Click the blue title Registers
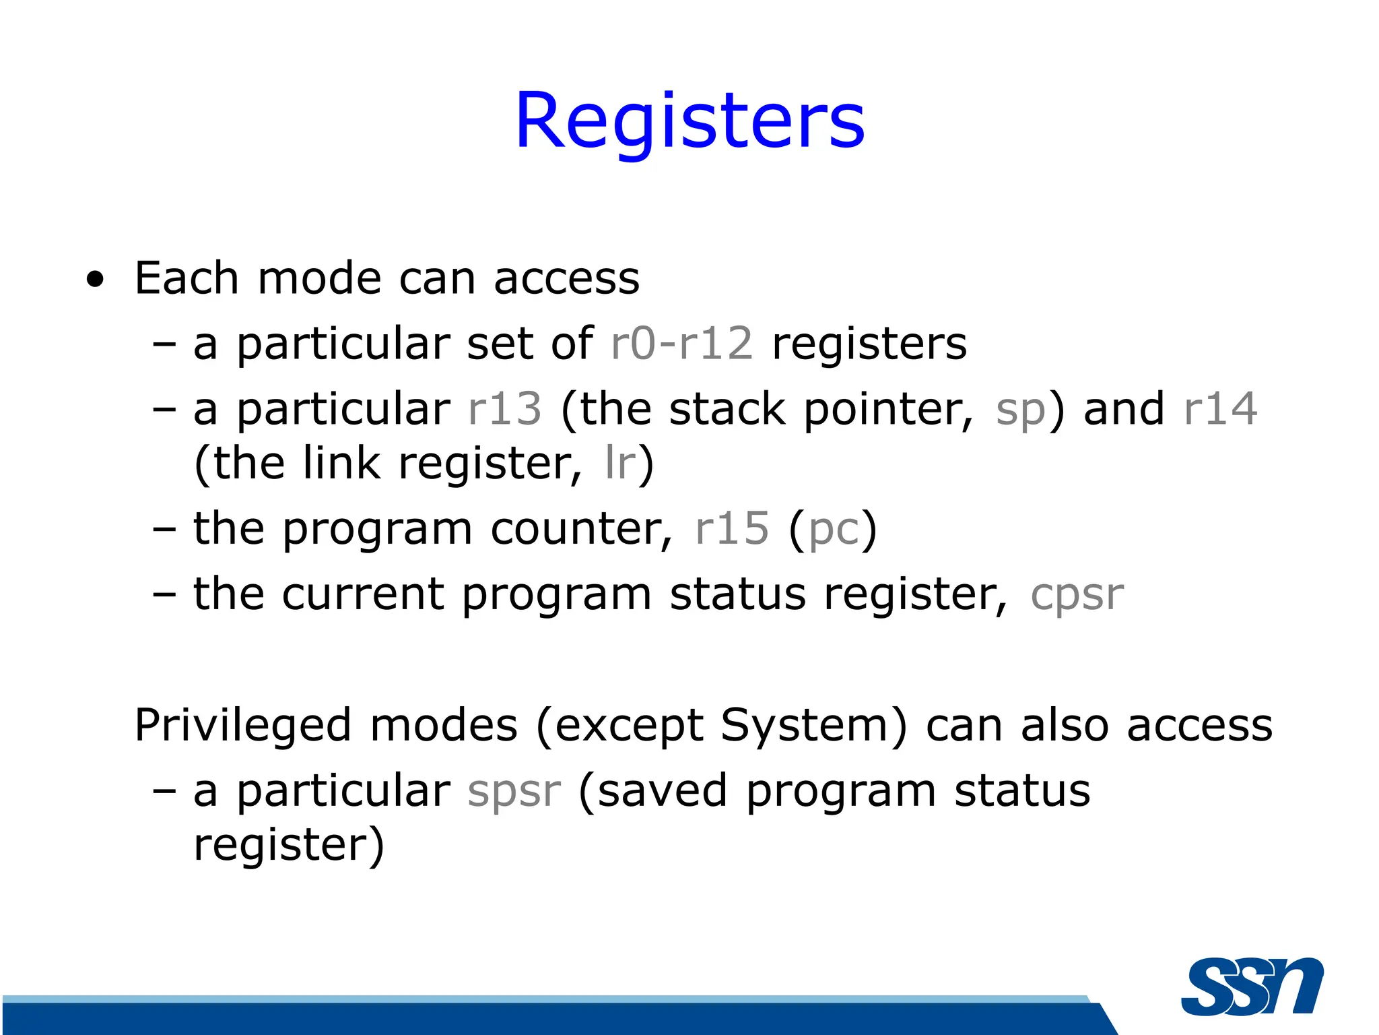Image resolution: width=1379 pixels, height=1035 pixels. click(x=689, y=121)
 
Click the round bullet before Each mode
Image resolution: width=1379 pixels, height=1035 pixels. click(x=96, y=280)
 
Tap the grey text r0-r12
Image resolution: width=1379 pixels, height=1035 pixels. click(x=681, y=344)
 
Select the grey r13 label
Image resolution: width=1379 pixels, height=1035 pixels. click(x=504, y=409)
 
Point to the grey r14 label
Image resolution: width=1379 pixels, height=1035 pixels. click(x=1220, y=409)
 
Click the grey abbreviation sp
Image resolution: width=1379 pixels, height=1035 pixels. click(x=1020, y=411)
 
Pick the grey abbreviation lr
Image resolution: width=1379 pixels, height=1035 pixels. click(x=620, y=463)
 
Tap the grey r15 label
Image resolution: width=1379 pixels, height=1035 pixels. click(x=731, y=528)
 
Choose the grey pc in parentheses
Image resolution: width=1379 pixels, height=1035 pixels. click(x=834, y=531)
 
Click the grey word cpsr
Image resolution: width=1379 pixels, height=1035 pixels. click(x=1077, y=596)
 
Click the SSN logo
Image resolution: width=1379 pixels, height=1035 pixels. click(x=1252, y=986)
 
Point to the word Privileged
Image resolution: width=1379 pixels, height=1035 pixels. click(x=242, y=726)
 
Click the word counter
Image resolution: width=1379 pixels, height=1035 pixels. click(x=580, y=529)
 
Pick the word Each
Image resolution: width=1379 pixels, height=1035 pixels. click(x=187, y=278)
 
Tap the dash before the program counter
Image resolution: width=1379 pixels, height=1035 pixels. click(x=164, y=530)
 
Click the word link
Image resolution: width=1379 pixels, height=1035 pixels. click(x=341, y=463)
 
